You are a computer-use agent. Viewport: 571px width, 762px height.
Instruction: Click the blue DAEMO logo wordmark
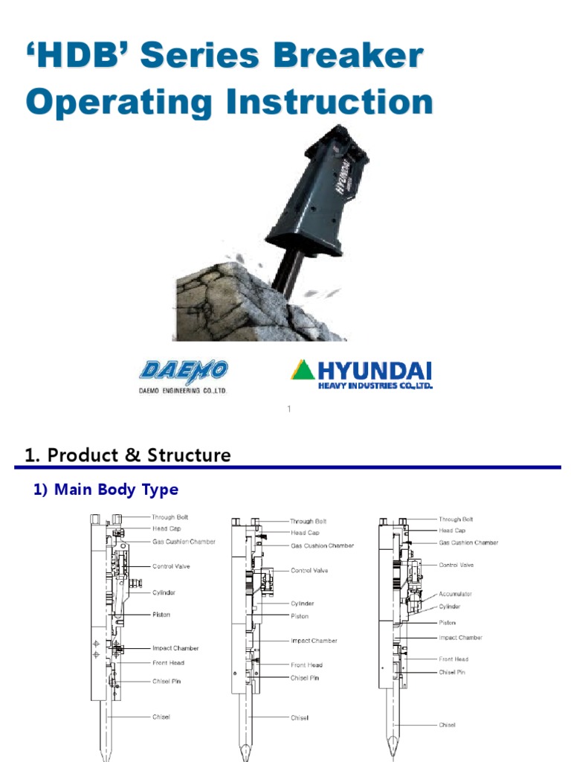[183, 371]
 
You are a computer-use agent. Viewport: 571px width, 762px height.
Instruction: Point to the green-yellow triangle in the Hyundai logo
[303, 369]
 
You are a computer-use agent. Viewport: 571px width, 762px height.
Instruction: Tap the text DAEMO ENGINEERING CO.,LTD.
[183, 390]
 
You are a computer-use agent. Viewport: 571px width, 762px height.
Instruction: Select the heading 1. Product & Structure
[128, 455]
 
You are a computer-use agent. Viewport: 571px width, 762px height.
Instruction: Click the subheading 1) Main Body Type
[106, 490]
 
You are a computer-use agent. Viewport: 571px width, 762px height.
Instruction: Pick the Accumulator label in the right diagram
[455, 594]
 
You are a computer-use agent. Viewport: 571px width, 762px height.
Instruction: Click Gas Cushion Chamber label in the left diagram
[184, 542]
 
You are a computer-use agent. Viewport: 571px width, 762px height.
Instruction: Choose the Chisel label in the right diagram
[447, 725]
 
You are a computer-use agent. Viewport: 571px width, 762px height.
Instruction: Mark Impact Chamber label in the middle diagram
[313, 641]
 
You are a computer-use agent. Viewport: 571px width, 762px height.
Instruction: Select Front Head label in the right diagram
[454, 659]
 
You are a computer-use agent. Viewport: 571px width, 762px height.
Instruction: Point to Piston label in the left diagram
[161, 615]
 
